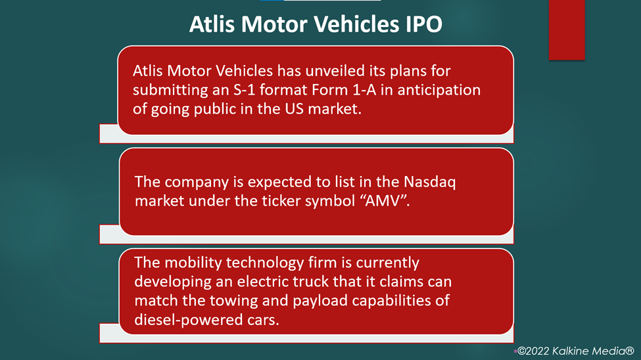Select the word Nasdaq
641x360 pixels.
[430, 182]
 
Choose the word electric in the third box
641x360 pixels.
[266, 282]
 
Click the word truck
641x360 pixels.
[314, 282]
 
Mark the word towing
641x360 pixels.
[233, 301]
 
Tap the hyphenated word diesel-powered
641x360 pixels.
[188, 320]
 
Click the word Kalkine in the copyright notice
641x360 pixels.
[571, 351]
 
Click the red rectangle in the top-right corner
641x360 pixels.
[567, 30]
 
